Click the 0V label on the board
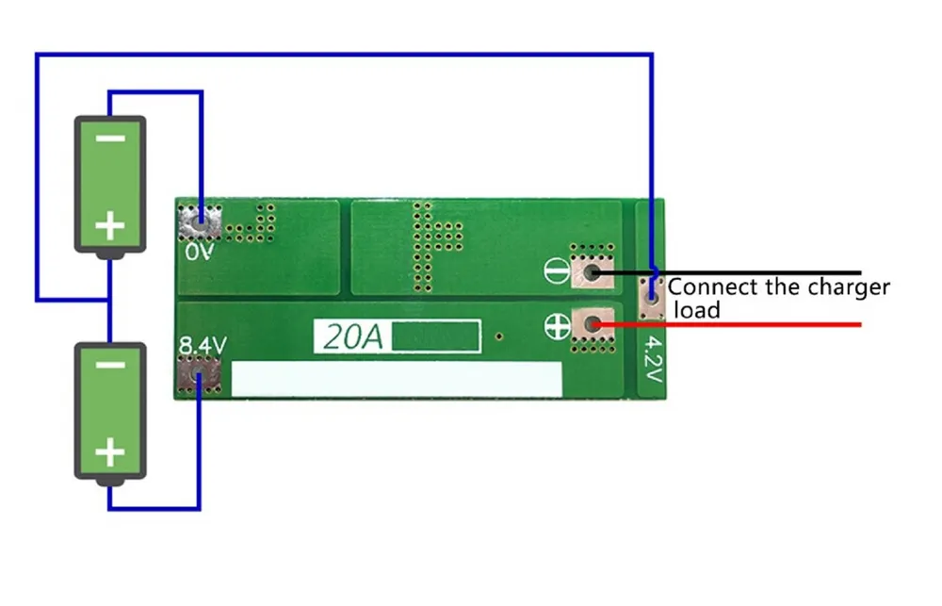[200, 252]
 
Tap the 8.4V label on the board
[203, 346]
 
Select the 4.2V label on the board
[653, 359]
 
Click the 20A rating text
[353, 336]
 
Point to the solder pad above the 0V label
[200, 223]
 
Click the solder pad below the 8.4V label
[200, 376]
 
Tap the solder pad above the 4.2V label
[652, 298]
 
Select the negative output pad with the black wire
[593, 272]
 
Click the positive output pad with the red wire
[593, 325]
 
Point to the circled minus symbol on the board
[557, 270]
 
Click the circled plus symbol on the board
[557, 326]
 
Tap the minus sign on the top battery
[110, 139]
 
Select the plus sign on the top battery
[110, 226]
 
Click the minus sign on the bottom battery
[110, 366]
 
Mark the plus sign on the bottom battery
[110, 452]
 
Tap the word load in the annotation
[697, 310]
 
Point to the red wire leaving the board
[727, 325]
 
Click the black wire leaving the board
[727, 273]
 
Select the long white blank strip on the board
[397, 379]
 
